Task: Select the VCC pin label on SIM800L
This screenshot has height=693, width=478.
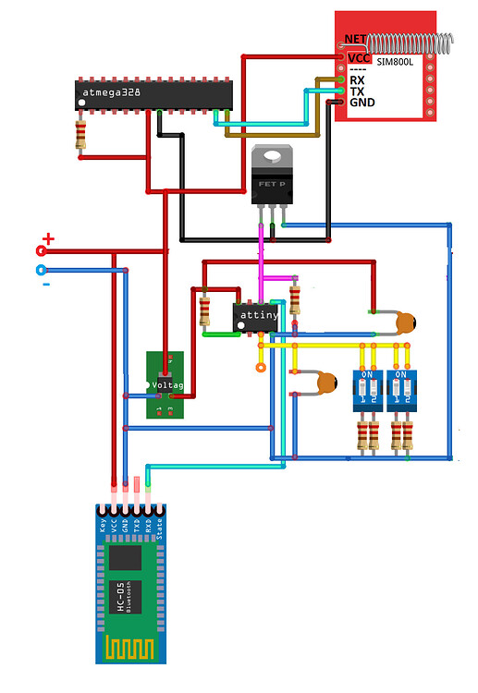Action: (x=359, y=57)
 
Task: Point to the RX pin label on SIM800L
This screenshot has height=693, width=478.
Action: (x=357, y=79)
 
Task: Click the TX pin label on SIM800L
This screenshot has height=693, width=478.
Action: (x=357, y=91)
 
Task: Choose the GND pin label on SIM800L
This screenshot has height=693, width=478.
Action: (x=361, y=102)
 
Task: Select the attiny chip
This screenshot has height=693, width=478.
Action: (x=258, y=315)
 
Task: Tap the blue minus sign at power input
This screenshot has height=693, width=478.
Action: (x=46, y=283)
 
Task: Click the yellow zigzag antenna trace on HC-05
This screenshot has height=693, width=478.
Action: (x=130, y=649)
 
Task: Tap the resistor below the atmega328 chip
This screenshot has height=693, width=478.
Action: (x=81, y=136)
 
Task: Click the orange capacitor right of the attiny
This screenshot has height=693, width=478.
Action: (x=405, y=322)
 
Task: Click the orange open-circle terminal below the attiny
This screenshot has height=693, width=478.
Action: (x=261, y=367)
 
